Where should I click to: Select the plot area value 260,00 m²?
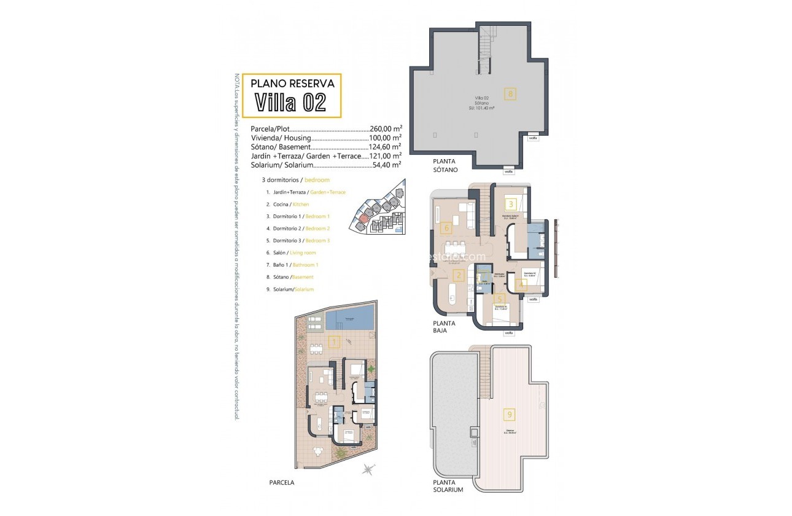click(x=385, y=129)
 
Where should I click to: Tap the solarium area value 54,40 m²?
click(x=387, y=165)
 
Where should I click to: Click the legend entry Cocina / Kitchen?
click(x=287, y=204)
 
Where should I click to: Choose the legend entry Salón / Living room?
click(x=291, y=252)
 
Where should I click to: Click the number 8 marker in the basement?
click(x=510, y=94)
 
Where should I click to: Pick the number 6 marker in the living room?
click(x=447, y=229)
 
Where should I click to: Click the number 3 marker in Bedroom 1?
click(x=510, y=204)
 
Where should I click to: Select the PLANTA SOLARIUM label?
click(x=447, y=487)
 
